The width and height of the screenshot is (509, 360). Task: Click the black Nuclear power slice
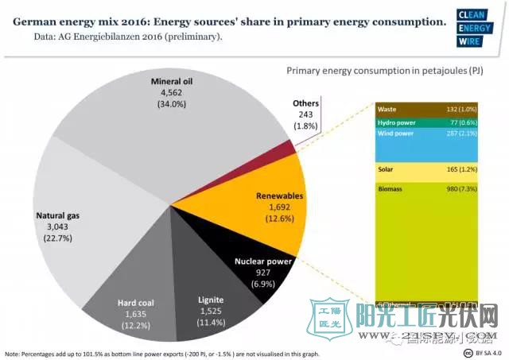266,270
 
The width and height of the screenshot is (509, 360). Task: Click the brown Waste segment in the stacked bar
425,109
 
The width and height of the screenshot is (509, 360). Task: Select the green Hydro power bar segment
425,122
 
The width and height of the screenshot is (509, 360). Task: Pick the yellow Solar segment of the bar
425,170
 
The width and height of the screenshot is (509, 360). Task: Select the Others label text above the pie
305,103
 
